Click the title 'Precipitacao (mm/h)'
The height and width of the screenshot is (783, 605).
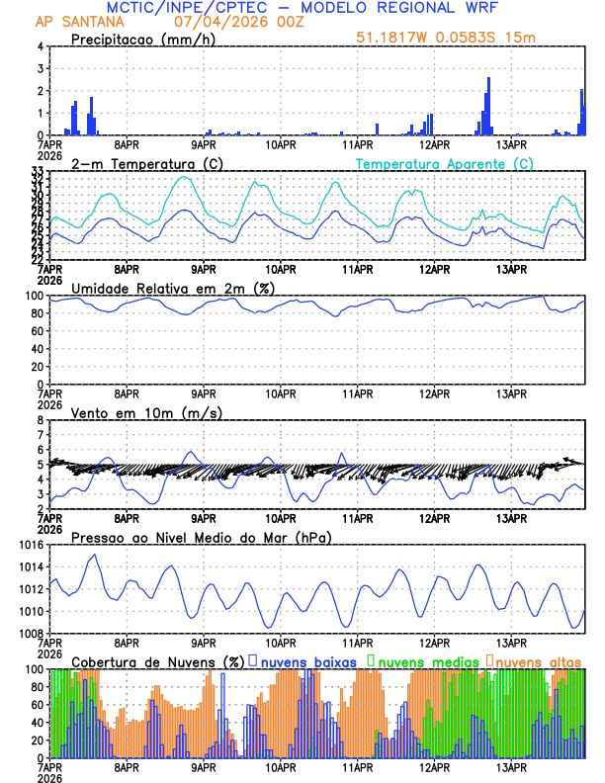tap(140, 39)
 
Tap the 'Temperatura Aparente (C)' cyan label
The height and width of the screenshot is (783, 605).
tap(444, 163)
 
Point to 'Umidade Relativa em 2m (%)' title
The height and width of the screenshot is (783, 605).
tap(172, 288)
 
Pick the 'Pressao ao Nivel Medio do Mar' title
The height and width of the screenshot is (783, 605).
tap(201, 537)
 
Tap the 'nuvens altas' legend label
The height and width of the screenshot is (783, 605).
tap(538, 660)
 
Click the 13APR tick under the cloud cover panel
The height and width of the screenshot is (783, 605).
tap(510, 766)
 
